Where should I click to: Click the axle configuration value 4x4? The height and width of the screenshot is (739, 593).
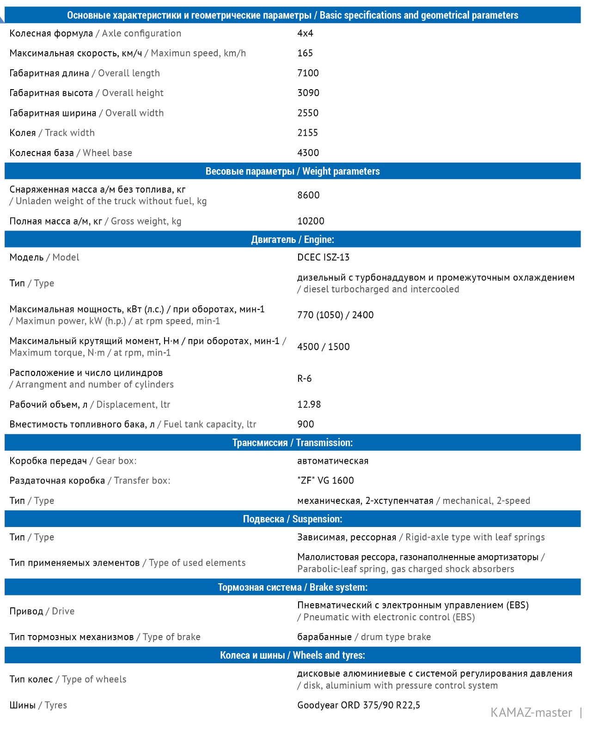pos(305,34)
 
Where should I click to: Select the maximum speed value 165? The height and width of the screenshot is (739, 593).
pos(305,54)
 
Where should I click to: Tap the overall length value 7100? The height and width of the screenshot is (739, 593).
pos(308,73)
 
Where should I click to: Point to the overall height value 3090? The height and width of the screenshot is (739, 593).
pos(308,93)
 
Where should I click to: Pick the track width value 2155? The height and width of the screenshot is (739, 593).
pos(307,133)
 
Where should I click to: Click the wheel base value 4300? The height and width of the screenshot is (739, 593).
pos(308,153)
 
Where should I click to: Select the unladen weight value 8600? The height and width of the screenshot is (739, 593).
pos(308,195)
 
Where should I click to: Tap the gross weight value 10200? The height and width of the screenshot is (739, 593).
pos(311,221)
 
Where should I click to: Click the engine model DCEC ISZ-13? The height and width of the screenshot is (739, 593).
pos(323,257)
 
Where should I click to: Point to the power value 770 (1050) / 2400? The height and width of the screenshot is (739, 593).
pos(335,315)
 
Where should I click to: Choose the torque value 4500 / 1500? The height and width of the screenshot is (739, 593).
pos(323,347)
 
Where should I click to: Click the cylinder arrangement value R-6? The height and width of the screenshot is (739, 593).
pos(304,379)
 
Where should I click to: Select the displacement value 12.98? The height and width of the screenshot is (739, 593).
pos(309,405)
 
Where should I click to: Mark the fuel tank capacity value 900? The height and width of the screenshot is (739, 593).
pos(306,424)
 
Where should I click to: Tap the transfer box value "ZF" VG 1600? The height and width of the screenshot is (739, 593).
pos(325,481)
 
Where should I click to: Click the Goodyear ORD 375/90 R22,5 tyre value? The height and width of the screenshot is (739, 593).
pos(358,705)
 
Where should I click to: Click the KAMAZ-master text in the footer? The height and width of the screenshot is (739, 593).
pos(531,713)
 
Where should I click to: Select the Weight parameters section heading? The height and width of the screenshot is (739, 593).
pos(293,171)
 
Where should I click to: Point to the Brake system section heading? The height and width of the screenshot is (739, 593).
pos(293,588)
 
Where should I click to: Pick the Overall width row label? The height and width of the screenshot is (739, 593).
pos(86,113)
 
